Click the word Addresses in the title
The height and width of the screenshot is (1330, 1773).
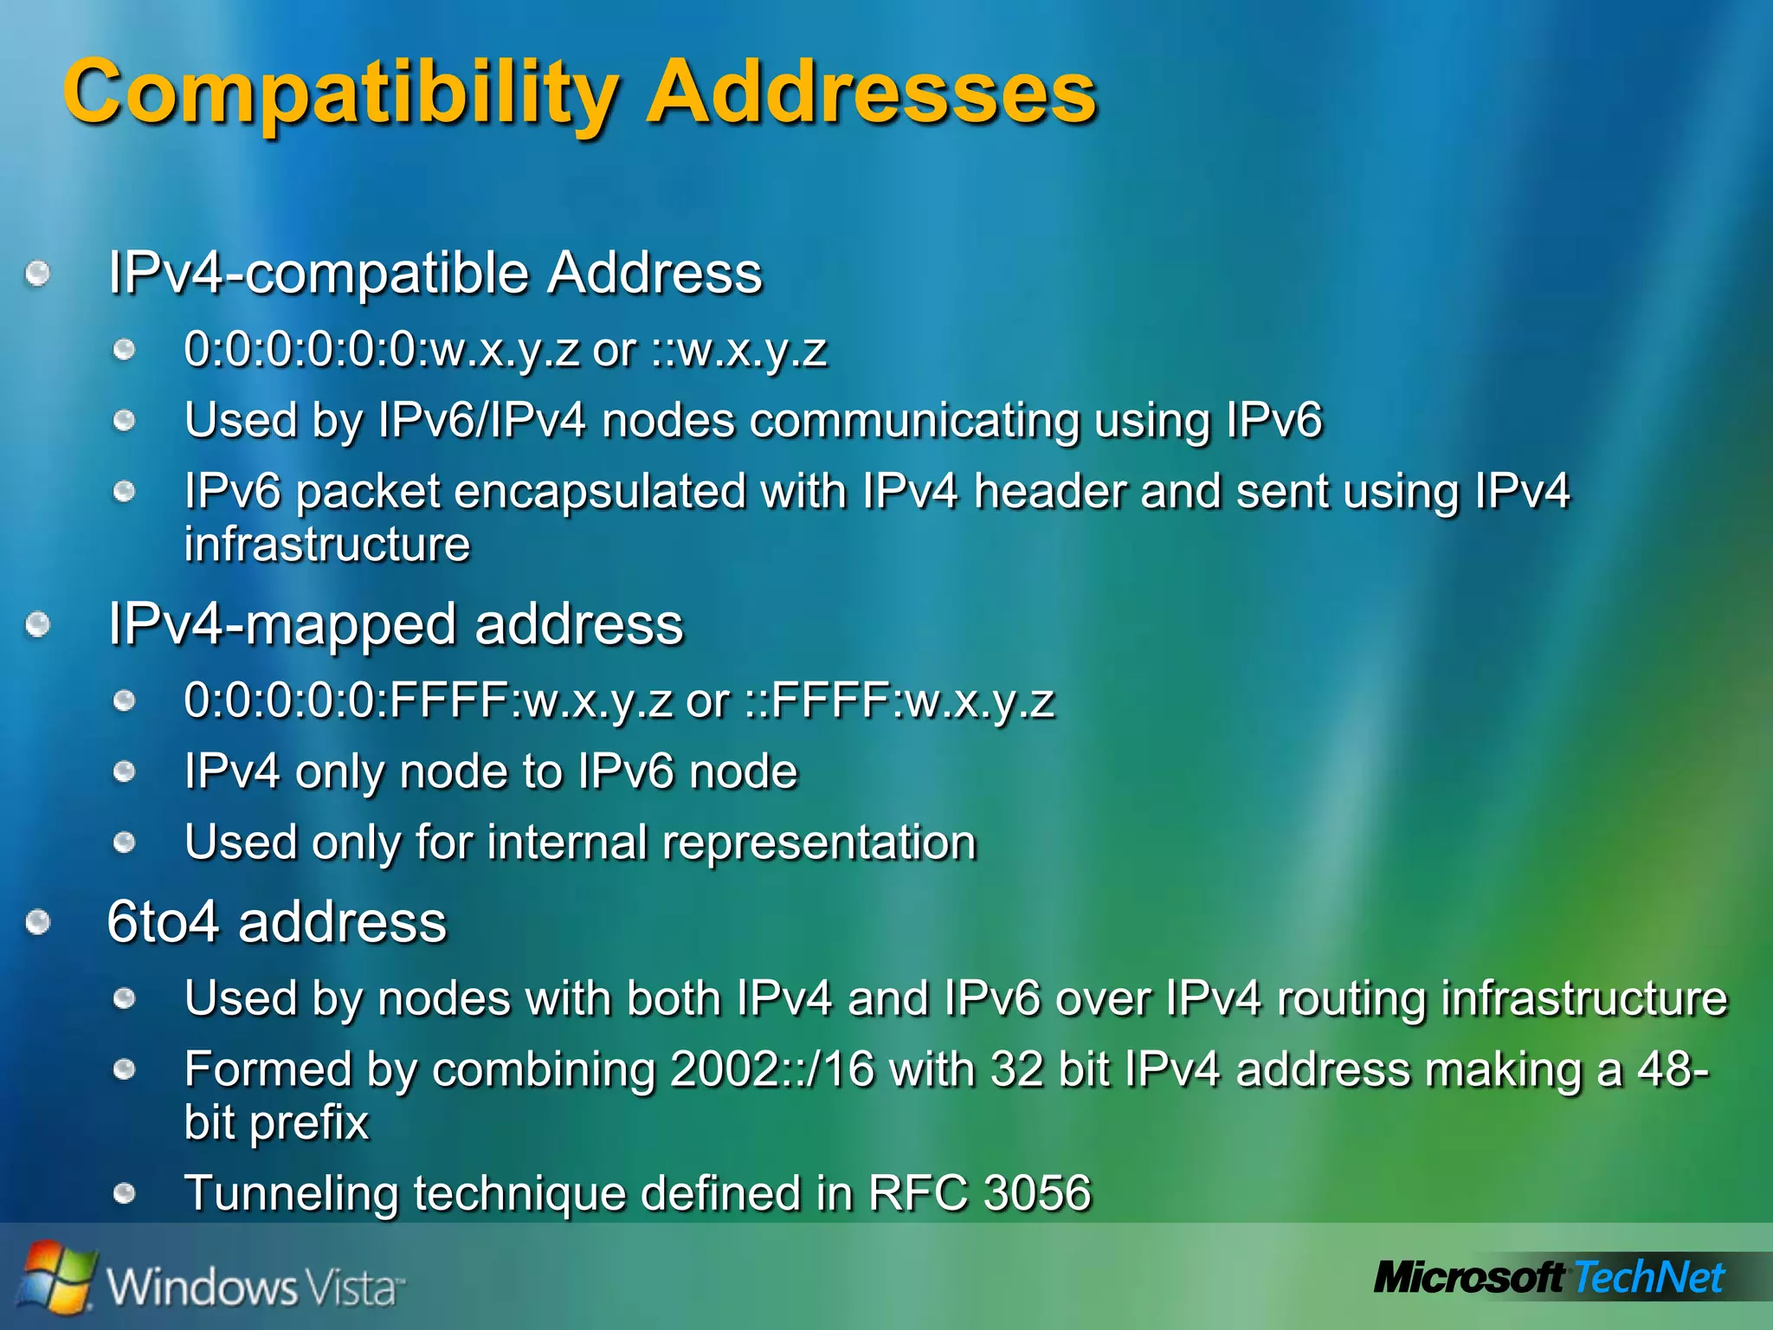(873, 92)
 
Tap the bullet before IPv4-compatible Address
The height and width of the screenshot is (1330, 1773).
(37, 275)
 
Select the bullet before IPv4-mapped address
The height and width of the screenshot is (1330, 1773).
(37, 625)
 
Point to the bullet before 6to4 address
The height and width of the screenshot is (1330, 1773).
(37, 923)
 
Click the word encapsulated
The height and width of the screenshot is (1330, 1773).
(599, 492)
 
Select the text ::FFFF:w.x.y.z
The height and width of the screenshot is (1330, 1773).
(900, 701)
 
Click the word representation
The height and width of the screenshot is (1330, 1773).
(819, 843)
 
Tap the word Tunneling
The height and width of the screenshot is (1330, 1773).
(291, 1193)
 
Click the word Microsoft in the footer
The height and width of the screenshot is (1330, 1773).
(1468, 1279)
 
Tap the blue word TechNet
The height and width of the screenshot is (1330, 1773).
(1648, 1279)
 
